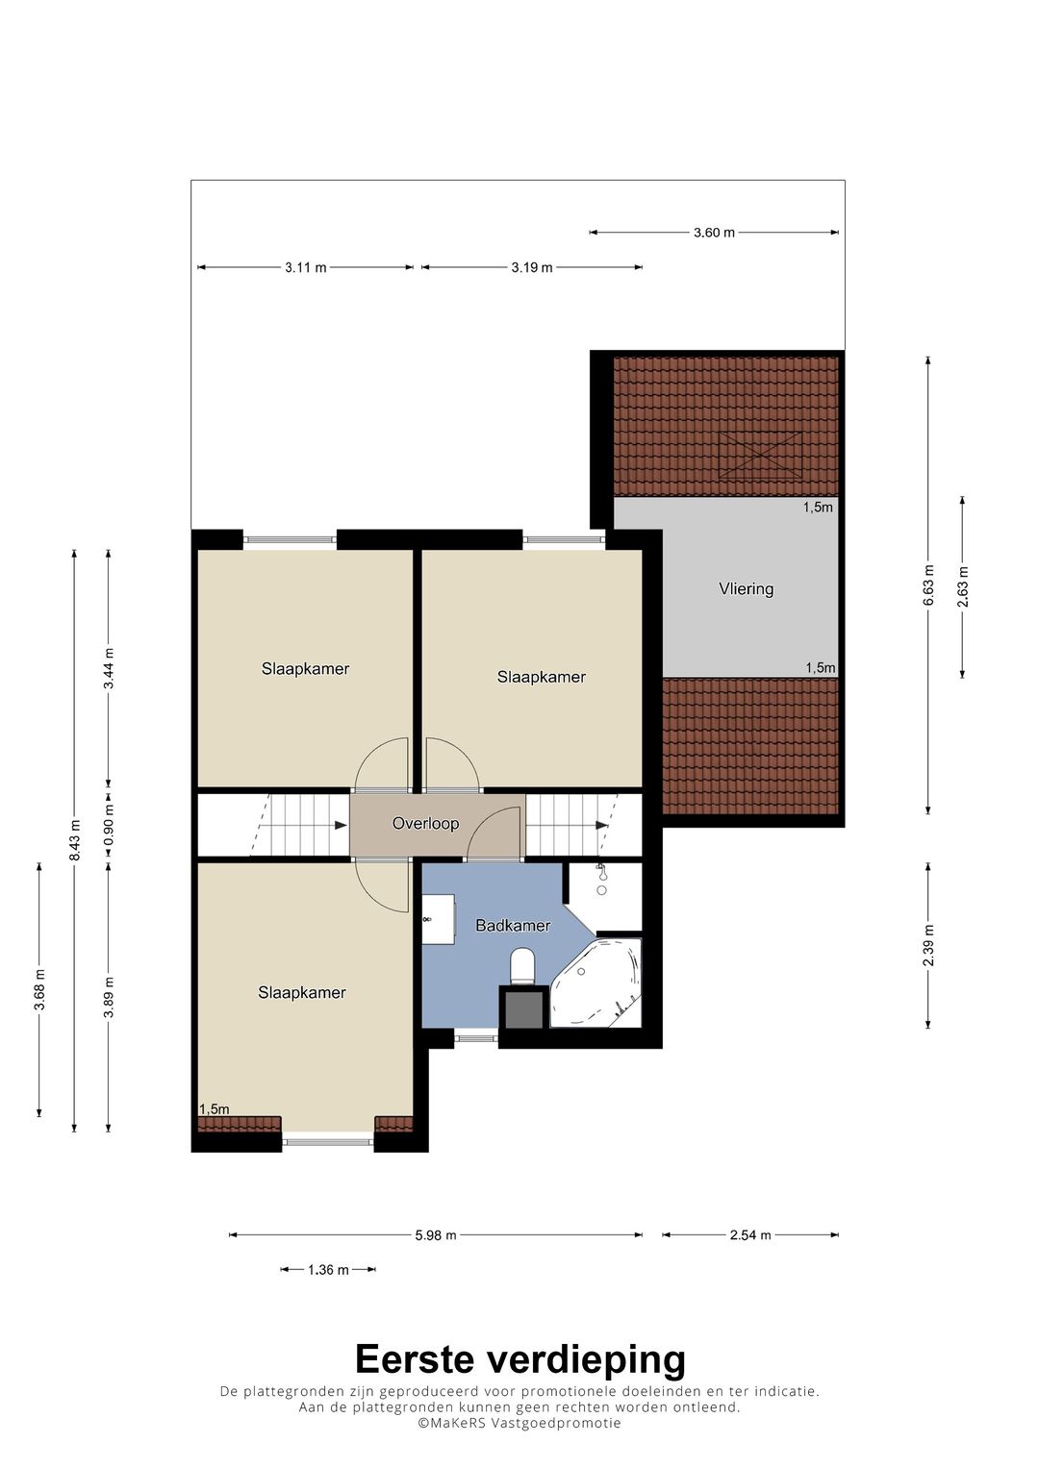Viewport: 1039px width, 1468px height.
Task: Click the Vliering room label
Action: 746,588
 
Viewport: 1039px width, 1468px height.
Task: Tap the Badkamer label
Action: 512,926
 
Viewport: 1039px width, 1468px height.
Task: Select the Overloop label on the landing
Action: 425,823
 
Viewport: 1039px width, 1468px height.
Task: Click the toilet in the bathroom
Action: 522,967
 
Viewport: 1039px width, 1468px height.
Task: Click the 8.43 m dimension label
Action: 74,841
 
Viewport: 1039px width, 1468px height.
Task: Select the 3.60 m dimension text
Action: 714,232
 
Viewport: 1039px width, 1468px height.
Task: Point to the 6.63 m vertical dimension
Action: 927,585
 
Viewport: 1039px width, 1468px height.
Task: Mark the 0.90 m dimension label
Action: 109,823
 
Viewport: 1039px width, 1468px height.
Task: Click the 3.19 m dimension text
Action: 531,267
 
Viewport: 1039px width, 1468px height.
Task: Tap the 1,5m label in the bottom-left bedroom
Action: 215,1108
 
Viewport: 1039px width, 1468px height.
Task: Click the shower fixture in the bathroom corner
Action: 601,880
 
